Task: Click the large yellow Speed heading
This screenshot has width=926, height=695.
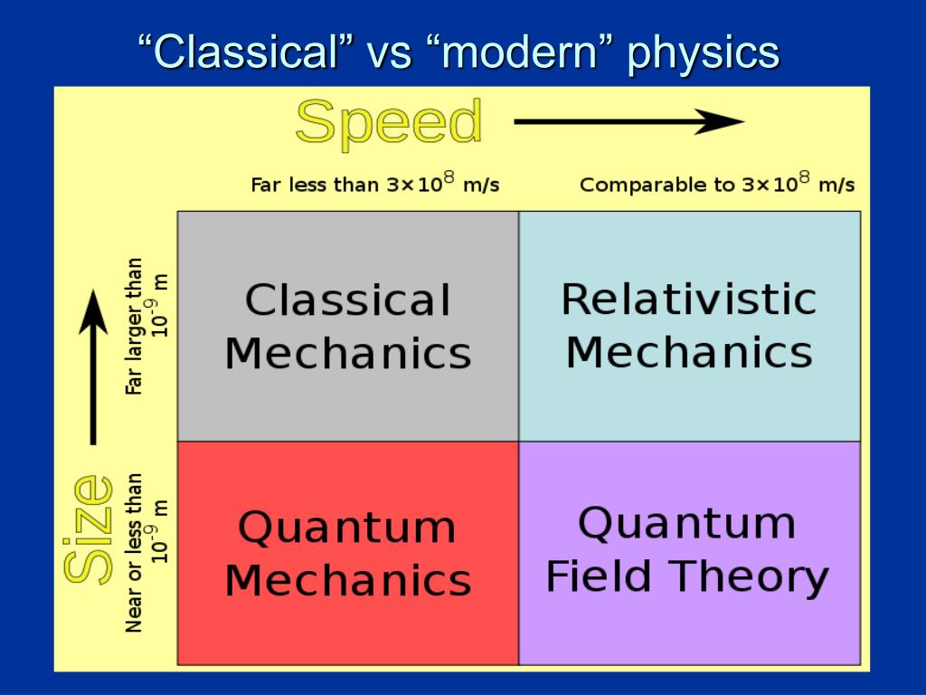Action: click(389, 123)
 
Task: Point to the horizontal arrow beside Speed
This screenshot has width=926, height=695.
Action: click(628, 122)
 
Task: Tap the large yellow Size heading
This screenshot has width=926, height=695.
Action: click(88, 529)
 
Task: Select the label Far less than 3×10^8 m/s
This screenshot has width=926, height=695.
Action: click(374, 184)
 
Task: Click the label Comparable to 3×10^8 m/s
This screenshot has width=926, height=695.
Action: click(716, 184)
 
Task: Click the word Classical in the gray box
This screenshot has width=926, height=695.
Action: click(347, 300)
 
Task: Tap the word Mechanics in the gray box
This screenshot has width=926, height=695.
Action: click(347, 353)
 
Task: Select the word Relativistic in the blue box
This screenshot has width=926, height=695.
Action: click(689, 299)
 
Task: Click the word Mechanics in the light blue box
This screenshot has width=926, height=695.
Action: click(689, 351)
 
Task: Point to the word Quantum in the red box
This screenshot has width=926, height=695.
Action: click(347, 527)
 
